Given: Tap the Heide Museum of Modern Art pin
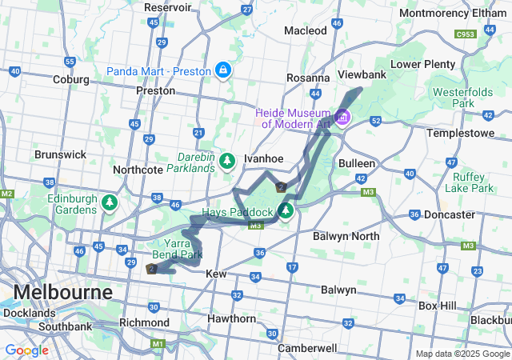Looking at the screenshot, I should click(343, 118).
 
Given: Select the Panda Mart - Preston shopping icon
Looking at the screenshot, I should click(222, 70).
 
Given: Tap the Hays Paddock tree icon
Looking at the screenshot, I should click(286, 212).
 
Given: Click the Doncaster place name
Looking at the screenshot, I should click(449, 215).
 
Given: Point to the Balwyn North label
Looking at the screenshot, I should click(346, 236).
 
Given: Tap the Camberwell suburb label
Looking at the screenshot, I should click(308, 348).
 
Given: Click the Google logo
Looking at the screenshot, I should click(26, 350).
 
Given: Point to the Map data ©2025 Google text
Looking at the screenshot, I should click(462, 354).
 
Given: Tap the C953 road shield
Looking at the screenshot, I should click(464, 34).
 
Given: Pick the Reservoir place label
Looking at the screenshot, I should click(168, 7).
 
